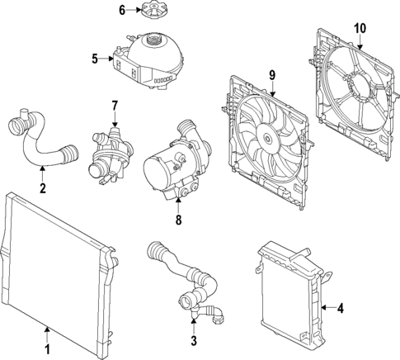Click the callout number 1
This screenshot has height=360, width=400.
(x=47, y=349)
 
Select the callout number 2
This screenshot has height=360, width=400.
(x=43, y=188)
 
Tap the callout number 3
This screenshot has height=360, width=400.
(x=194, y=341)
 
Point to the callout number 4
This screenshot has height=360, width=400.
(x=341, y=308)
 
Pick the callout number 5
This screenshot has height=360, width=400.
(x=95, y=59)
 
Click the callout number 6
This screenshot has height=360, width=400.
(x=122, y=10)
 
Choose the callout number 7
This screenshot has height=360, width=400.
(x=115, y=106)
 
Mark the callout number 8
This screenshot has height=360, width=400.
(x=178, y=220)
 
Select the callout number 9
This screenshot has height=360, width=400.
(x=272, y=75)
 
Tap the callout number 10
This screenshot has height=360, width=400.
(x=360, y=28)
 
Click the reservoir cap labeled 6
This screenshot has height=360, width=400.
(x=151, y=11)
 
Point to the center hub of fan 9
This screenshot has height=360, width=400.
(x=267, y=138)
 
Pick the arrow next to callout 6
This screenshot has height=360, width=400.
(x=134, y=10)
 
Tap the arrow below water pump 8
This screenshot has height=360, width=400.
(x=178, y=206)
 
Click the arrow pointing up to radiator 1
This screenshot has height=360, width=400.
(x=47, y=334)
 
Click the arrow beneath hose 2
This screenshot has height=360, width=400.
(x=42, y=174)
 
